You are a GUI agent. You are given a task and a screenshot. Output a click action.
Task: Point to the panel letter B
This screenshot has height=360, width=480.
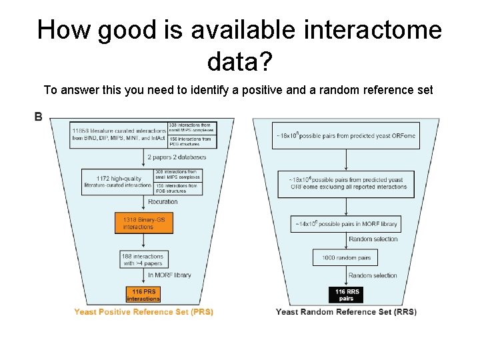39,117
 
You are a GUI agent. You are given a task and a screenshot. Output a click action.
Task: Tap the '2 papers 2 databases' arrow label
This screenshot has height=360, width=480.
179,157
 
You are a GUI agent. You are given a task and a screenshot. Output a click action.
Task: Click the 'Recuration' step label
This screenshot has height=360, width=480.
163,201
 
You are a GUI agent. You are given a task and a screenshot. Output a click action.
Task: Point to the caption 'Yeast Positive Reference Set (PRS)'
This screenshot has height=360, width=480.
144,312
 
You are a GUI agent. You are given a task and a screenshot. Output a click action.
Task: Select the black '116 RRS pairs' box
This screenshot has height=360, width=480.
346,295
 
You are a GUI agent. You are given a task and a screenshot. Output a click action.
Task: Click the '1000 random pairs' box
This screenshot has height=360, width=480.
345,257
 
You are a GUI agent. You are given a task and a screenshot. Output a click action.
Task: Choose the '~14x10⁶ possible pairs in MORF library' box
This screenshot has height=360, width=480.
345,224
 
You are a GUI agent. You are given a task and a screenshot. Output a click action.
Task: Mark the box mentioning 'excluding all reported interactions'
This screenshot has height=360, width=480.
346,183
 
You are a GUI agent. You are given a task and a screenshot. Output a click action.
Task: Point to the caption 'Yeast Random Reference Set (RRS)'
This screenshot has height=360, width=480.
346,312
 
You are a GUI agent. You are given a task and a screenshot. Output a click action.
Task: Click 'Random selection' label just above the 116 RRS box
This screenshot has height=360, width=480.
373,275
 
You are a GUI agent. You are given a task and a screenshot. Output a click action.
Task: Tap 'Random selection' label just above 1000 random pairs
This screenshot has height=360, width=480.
373,239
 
